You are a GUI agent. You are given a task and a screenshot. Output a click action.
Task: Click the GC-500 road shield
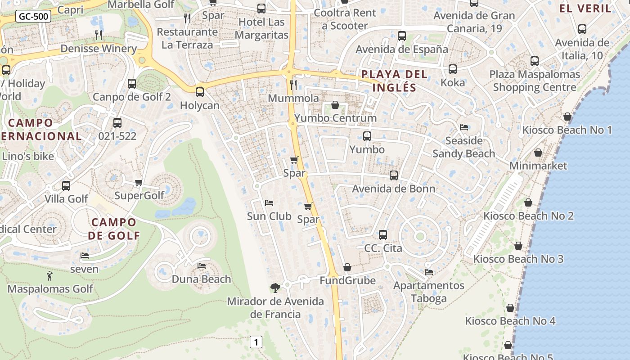(33, 17)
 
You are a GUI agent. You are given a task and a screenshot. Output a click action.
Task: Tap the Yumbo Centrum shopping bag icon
(335, 105)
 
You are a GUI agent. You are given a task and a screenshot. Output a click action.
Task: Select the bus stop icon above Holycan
(199, 92)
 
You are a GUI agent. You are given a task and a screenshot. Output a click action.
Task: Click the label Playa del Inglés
(394, 81)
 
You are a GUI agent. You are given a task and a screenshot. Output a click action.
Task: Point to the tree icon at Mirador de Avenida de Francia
(275, 288)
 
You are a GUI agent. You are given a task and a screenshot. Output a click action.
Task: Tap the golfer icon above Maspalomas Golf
(49, 275)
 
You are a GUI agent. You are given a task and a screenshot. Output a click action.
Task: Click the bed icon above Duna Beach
(202, 266)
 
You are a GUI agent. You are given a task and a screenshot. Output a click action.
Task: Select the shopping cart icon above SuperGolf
(139, 182)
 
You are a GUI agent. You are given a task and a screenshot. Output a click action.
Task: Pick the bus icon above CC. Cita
(383, 234)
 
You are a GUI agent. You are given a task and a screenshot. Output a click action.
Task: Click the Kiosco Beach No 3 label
(518, 259)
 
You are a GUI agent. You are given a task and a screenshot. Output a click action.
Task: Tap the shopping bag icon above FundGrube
(347, 267)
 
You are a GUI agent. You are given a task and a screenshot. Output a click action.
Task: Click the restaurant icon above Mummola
(293, 85)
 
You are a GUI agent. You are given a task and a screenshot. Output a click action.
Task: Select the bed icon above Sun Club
(269, 203)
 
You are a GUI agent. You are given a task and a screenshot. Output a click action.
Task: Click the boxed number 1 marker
(256, 342)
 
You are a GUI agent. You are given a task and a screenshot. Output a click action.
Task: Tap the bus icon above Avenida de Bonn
(394, 175)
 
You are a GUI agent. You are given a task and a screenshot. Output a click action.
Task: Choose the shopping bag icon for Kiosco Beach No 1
(567, 117)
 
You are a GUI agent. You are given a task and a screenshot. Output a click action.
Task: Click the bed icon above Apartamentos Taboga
(429, 272)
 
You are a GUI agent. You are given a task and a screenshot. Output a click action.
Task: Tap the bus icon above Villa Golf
(66, 185)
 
